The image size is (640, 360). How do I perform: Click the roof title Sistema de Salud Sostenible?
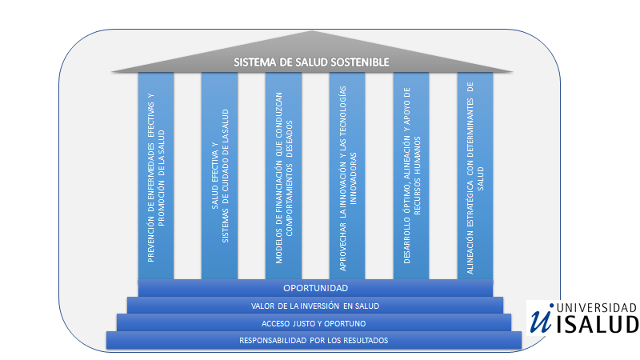(x=311, y=62)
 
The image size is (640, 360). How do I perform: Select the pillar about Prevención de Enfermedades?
(x=156, y=176)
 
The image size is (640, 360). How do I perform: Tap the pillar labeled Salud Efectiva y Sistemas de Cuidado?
(x=219, y=176)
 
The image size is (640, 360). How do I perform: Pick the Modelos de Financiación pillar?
(x=283, y=176)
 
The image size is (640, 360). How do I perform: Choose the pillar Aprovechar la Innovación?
(x=347, y=176)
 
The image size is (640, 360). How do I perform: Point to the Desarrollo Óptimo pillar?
(x=411, y=176)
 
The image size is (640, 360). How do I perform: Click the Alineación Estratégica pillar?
(x=475, y=176)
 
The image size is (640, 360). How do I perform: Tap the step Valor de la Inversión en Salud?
(x=315, y=306)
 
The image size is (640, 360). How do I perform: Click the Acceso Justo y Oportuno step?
(x=314, y=323)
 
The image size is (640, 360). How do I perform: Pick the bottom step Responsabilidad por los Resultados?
(x=314, y=341)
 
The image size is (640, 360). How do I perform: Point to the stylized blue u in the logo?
(x=541, y=318)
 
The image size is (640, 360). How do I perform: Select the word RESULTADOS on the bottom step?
(x=362, y=341)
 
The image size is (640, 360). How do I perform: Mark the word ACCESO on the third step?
(x=277, y=323)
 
